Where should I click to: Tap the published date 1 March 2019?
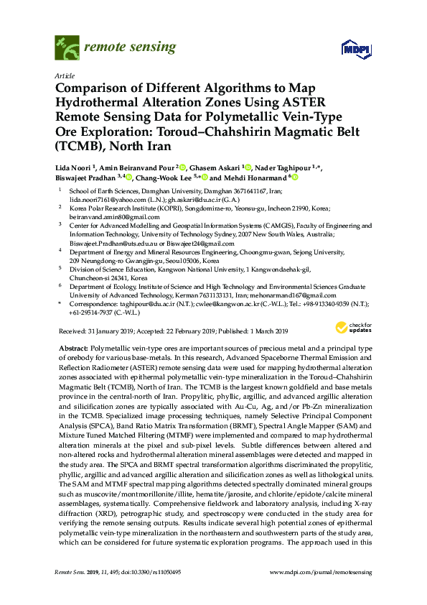263,331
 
